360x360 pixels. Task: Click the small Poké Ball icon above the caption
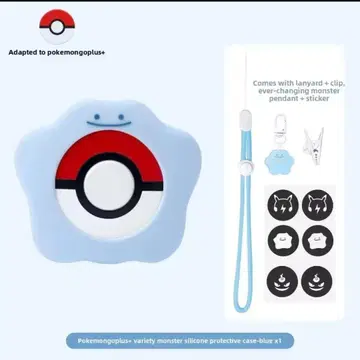57,27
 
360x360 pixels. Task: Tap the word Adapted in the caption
21,52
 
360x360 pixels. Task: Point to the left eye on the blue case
97,117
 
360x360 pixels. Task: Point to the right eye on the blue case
121,117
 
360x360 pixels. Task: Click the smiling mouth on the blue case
109,124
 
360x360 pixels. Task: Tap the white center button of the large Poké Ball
109,185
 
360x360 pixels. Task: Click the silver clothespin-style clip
313,146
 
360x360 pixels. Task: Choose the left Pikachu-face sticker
283,205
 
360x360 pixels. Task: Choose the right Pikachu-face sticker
318,205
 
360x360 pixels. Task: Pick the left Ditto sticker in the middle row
283,241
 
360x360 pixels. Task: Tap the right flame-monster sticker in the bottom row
317,282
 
